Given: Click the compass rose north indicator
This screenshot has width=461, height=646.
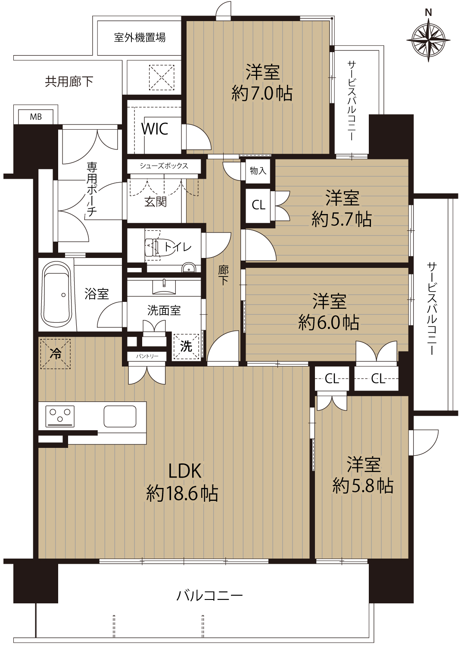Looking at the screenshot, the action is (x=428, y=39).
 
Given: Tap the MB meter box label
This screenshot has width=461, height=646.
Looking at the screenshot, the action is (x=36, y=117).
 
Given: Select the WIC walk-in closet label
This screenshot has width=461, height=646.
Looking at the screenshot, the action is (x=155, y=129).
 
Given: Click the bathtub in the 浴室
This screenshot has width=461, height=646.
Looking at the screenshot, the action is (x=56, y=295).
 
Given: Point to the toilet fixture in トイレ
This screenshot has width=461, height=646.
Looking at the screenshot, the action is (x=153, y=247).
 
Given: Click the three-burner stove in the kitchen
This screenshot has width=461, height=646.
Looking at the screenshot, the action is (x=60, y=416).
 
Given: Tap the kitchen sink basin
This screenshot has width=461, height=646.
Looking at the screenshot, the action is (x=120, y=416).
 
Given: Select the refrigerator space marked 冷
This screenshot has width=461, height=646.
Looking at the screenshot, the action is (x=56, y=354).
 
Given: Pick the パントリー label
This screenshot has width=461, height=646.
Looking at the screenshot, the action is (x=147, y=356).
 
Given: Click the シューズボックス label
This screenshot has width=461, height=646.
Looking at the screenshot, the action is (x=164, y=166).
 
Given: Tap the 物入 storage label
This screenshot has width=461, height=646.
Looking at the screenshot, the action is (x=258, y=171).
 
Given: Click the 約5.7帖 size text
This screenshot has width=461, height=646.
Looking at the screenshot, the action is (x=342, y=219).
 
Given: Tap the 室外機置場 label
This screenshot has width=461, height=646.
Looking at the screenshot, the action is (x=140, y=37).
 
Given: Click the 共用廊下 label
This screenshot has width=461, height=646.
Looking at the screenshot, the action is (x=69, y=82).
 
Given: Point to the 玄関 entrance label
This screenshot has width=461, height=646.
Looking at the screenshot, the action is (x=156, y=202).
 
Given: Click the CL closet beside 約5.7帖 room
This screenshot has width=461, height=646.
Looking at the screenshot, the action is (x=258, y=205).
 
